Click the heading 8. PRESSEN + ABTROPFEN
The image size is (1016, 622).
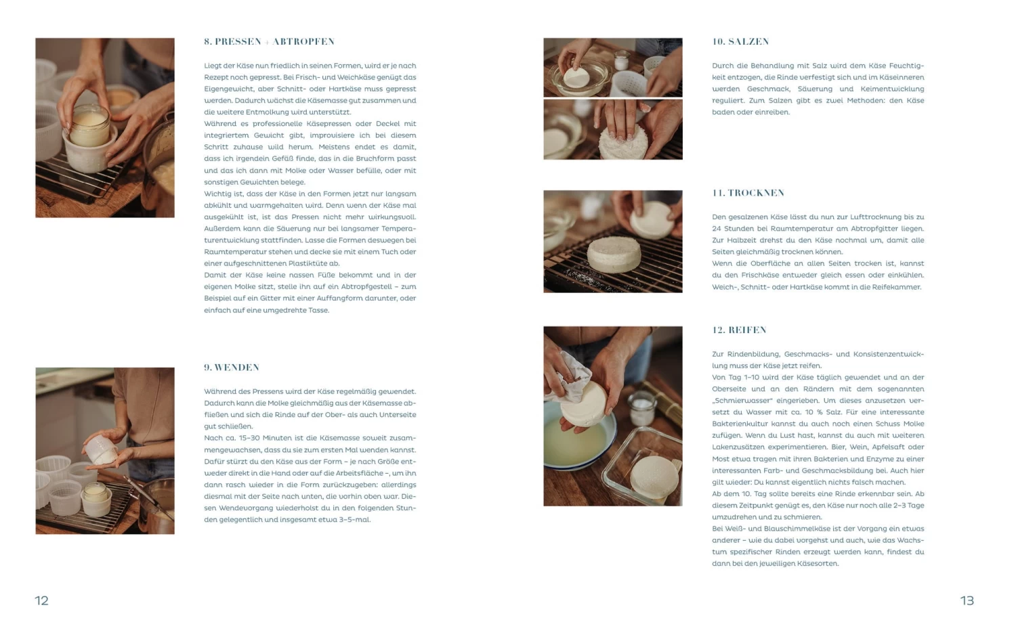[270, 42]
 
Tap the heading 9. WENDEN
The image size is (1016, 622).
[232, 368]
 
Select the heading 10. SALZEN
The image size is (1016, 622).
[741, 42]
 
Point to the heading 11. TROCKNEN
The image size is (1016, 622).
[748, 193]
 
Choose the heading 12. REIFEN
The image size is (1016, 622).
[740, 330]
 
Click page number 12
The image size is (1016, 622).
[42, 601]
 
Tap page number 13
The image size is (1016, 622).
[967, 601]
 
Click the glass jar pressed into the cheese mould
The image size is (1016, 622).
[90, 126]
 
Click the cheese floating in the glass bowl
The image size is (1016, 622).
[576, 78]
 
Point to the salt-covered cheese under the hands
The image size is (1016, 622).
[623, 142]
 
